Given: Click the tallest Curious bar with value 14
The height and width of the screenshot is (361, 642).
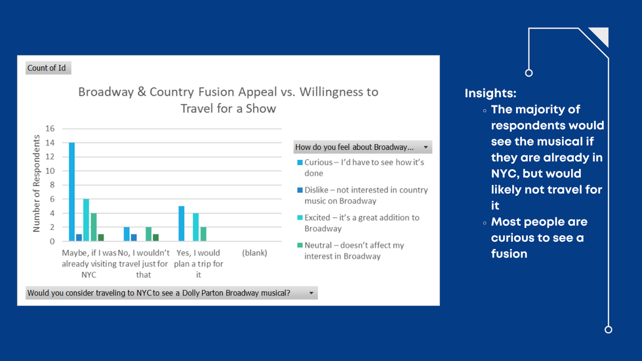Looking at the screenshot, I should (x=72, y=191).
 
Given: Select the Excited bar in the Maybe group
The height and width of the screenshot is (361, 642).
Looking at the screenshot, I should (x=86, y=220).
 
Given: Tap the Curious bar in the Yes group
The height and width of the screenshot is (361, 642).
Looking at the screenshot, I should (x=182, y=223).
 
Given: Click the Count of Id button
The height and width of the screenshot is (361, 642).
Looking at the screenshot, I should (x=47, y=68).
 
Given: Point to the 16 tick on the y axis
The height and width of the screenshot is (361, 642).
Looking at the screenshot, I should (x=50, y=128).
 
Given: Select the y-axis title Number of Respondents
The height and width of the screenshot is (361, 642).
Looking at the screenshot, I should (x=36, y=184).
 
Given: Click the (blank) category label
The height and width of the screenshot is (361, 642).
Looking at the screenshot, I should (x=254, y=253).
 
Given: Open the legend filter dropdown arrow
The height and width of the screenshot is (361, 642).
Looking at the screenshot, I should (x=426, y=147).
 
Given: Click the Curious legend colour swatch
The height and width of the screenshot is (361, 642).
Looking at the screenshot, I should (x=300, y=162).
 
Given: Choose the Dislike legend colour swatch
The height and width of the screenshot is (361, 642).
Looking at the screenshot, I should (x=300, y=190).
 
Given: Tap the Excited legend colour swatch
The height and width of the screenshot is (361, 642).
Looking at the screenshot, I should (x=300, y=218).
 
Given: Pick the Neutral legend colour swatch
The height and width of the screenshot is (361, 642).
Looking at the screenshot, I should (x=300, y=245).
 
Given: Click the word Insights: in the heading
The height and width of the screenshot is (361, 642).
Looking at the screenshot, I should (x=491, y=94).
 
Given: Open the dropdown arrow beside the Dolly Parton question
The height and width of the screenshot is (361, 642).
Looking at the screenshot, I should (x=311, y=293).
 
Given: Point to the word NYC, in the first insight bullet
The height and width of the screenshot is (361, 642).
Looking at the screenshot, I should (x=508, y=174).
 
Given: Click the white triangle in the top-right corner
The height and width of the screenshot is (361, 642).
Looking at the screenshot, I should (x=601, y=35).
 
